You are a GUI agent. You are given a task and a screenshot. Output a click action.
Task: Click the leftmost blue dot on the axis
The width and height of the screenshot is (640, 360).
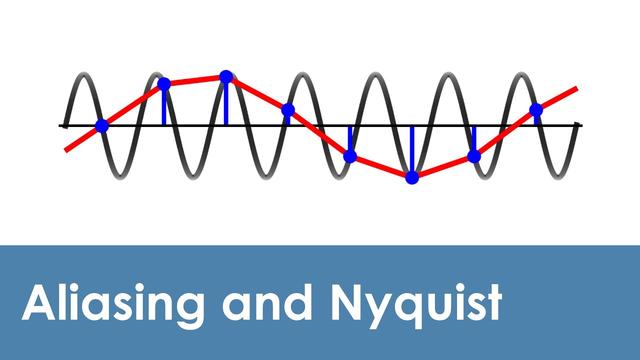pos(102,126)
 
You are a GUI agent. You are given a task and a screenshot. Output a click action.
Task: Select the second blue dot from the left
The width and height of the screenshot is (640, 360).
pos(165,84)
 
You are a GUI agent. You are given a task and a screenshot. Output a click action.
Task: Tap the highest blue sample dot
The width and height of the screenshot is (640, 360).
pos(226,76)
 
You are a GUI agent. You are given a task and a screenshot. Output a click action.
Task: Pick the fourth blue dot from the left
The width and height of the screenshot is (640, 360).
pos(288,110)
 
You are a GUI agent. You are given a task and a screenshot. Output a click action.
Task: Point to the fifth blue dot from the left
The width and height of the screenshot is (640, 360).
pos(350,156)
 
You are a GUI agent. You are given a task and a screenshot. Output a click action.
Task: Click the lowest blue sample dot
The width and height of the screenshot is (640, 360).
pos(412,177)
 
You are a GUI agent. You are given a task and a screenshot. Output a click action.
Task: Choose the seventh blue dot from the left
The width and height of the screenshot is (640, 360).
pos(474,156)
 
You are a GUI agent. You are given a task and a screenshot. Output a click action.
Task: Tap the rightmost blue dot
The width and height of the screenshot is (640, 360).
pos(536,110)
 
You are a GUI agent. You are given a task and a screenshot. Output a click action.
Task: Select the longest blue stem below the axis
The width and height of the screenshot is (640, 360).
pos(412,150)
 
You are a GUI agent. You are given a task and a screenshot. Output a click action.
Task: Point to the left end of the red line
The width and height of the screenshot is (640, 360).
pos(67,149)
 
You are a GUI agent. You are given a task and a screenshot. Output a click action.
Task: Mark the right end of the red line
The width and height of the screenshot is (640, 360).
pos(576,88)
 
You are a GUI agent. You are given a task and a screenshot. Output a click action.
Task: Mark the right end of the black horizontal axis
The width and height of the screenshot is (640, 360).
pos(581,126)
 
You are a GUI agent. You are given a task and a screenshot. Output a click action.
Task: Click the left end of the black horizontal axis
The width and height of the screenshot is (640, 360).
pos(61,126)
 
